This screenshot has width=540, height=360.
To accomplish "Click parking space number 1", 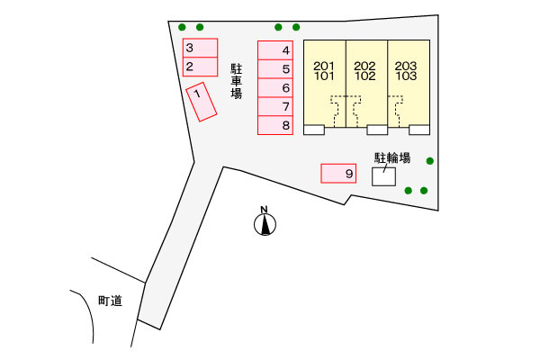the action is pyautogui.click(x=201, y=102).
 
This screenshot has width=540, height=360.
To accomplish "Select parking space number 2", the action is pyautogui.click(x=200, y=67).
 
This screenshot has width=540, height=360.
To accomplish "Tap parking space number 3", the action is pyautogui.click(x=200, y=48).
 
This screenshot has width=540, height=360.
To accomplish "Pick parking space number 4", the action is pyautogui.click(x=275, y=50).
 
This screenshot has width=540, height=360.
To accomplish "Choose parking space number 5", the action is pyautogui.click(x=275, y=69).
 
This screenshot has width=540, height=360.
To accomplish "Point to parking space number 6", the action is pyautogui.click(x=275, y=88).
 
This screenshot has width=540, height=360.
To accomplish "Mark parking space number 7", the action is pyautogui.click(x=275, y=106).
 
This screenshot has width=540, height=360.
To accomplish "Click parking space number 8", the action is pyautogui.click(x=275, y=125).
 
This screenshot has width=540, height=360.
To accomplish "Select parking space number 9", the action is pyautogui.click(x=338, y=174).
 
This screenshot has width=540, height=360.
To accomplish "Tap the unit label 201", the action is pyautogui.click(x=324, y=66).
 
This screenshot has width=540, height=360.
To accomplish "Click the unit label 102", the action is pyautogui.click(x=365, y=76).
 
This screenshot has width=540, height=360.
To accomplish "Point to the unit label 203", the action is pyautogui.click(x=406, y=66).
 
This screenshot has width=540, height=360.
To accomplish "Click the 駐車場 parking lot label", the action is pyautogui.click(x=236, y=82).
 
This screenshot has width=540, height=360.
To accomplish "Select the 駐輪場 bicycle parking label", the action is pyautogui.click(x=392, y=158).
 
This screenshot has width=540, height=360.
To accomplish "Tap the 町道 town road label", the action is pyautogui.click(x=110, y=301).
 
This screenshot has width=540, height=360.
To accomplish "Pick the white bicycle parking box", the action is pyautogui.click(x=383, y=176).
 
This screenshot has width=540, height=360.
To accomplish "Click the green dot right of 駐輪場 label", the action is pyautogui.click(x=430, y=161).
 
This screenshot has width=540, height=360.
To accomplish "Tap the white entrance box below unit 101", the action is pyautogui.click(x=314, y=130).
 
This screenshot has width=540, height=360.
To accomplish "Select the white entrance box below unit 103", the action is pyautogui.click(x=419, y=130).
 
